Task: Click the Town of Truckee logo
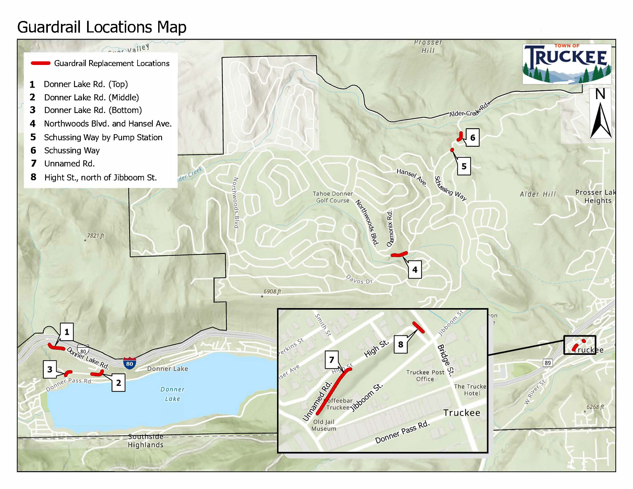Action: [x=566, y=64]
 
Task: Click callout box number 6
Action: [x=472, y=138]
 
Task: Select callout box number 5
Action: [x=464, y=166]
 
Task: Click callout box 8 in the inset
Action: [x=401, y=344]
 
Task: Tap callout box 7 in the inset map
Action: [x=332, y=360]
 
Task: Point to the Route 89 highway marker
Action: [x=547, y=363]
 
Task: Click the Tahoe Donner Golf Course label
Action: [x=332, y=197]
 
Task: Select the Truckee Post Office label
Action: [x=425, y=376]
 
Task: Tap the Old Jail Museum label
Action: [x=324, y=425]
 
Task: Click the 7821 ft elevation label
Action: [x=95, y=236]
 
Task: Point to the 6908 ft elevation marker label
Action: [x=272, y=291]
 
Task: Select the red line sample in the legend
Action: [x=41, y=63]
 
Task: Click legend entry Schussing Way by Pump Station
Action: [x=103, y=137]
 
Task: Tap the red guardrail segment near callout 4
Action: [x=399, y=255]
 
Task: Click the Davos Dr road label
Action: [x=359, y=279]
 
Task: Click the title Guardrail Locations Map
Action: [x=102, y=27]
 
